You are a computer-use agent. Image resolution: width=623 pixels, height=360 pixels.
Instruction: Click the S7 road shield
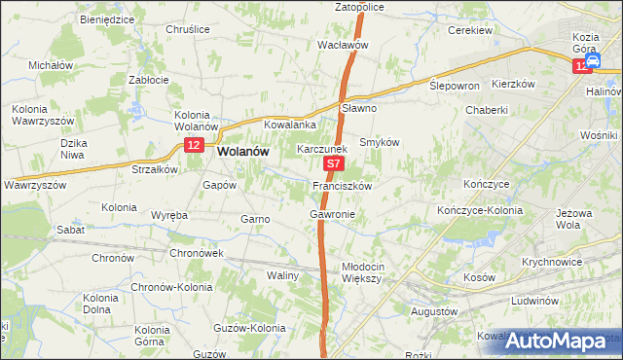(x=333, y=166)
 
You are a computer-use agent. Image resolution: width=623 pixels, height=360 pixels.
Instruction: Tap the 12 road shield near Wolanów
(x=194, y=146)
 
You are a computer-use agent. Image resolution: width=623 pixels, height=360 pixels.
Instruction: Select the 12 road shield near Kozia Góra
(x=582, y=64)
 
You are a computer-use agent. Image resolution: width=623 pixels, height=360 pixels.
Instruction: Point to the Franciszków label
(x=341, y=185)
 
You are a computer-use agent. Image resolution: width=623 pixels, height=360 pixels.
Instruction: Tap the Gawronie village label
(x=332, y=213)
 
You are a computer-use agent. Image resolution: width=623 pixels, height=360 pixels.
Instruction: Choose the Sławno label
(x=360, y=108)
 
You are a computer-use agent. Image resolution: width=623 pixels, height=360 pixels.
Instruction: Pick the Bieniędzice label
(x=108, y=18)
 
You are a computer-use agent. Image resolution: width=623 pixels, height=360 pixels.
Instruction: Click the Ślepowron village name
(x=455, y=86)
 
